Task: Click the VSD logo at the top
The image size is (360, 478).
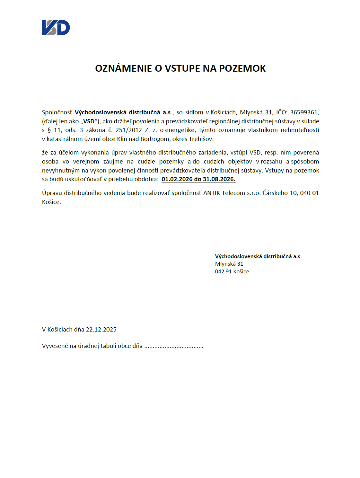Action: (56, 28)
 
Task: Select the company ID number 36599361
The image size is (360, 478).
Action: (304, 112)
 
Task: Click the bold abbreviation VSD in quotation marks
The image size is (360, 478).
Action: (89, 121)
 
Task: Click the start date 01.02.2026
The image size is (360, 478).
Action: (177, 179)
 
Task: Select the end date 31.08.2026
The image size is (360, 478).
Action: (219, 179)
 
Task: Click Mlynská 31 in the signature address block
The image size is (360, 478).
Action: (229, 264)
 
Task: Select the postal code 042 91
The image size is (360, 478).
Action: (223, 272)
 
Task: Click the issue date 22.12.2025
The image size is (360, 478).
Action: (101, 330)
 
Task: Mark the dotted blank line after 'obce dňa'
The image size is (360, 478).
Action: (174, 346)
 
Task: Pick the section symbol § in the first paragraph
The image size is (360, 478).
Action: (49, 130)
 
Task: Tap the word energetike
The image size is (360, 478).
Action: (180, 130)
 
